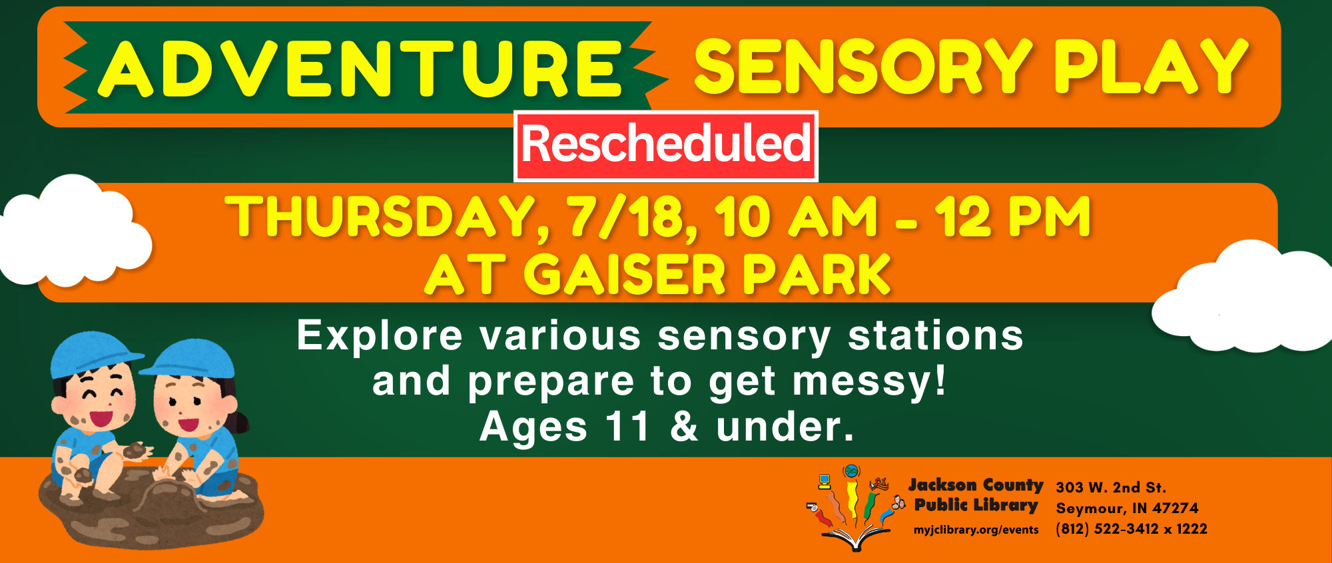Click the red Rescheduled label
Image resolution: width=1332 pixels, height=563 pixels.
(666, 146)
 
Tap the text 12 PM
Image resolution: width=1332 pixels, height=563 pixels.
(1012, 216)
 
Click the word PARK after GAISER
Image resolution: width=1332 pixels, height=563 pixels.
(817, 274)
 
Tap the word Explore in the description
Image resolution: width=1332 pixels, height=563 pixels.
(380, 336)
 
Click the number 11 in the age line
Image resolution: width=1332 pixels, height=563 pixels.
(627, 427)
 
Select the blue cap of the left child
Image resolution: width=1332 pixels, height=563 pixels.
(93, 353)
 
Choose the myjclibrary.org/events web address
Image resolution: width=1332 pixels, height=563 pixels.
(976, 530)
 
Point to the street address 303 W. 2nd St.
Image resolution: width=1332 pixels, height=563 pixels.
(1111, 487)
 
